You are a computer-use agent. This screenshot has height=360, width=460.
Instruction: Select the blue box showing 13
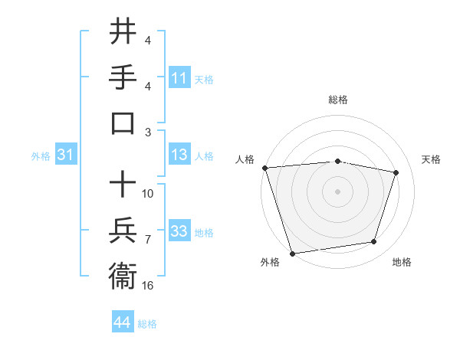[179, 155]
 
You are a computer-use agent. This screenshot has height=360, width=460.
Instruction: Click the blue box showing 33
[179, 232]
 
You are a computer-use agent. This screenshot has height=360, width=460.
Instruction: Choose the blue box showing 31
[66, 155]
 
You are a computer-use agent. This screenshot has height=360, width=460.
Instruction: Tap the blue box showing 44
[122, 323]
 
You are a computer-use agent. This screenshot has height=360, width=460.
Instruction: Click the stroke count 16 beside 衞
[148, 285]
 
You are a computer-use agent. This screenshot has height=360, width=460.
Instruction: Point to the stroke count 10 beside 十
[148, 193]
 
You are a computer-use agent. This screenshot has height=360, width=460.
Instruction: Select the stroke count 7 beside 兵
[148, 240]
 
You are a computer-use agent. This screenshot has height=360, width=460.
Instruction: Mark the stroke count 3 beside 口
[148, 132]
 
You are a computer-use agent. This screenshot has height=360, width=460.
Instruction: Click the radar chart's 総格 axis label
[337, 100]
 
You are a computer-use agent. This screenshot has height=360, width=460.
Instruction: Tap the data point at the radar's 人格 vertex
[264, 168]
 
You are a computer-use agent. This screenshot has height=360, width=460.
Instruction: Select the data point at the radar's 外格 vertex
[292, 253]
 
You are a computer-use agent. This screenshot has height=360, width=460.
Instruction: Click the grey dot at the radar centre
[337, 191]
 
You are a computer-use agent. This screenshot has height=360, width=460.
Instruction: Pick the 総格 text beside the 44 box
[147, 324]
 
